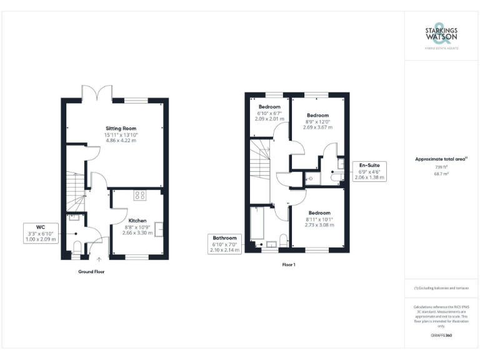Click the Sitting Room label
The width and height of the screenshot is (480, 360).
(x=121, y=128)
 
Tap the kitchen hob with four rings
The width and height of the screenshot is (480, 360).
(x=140, y=195)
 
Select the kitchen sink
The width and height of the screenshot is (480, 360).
(x=159, y=229)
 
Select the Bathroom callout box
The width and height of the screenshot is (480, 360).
(x=224, y=244)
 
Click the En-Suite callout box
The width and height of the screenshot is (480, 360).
(x=369, y=171)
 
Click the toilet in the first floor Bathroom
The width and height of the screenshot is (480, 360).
(x=283, y=242)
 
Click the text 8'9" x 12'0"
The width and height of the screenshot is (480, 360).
(x=317, y=121)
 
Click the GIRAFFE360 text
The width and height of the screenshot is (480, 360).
(x=441, y=336)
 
